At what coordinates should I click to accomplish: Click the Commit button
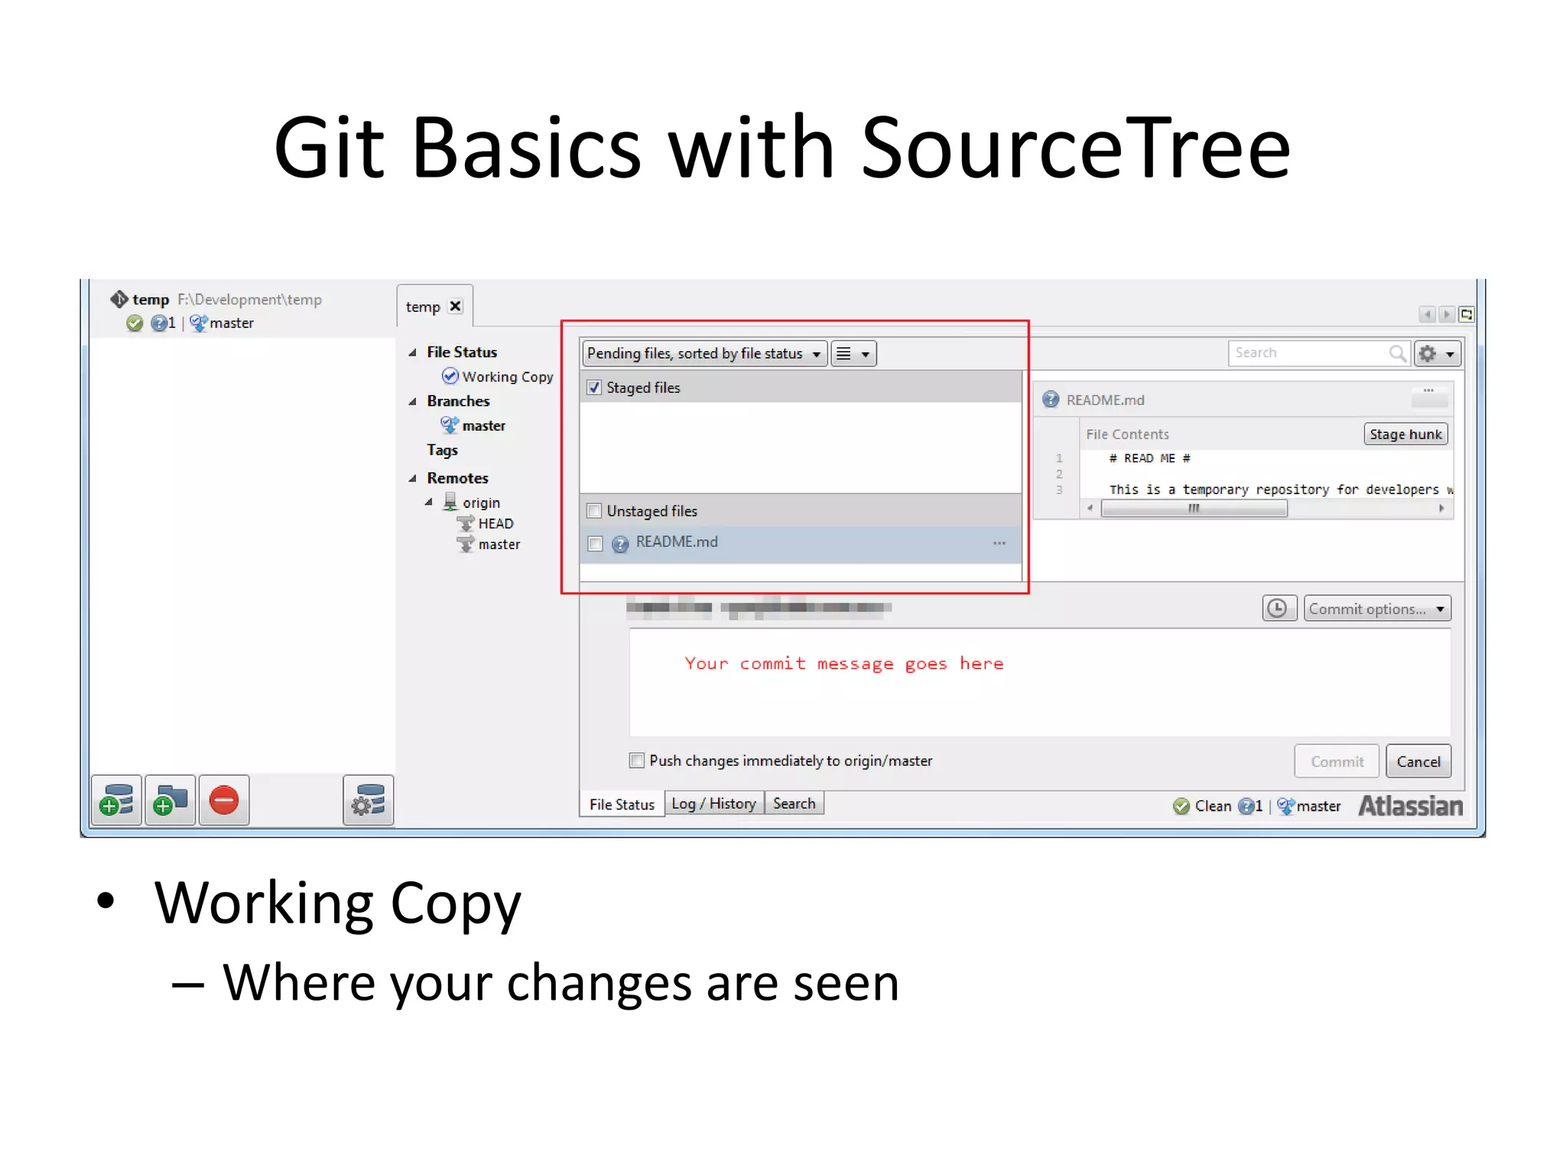[x=1336, y=761]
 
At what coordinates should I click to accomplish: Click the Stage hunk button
[x=1405, y=435]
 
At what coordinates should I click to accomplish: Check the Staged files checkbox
[x=594, y=388]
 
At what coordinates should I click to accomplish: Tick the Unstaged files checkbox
[x=594, y=511]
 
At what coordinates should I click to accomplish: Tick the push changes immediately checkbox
[x=636, y=760]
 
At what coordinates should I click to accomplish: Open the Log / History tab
[x=713, y=804]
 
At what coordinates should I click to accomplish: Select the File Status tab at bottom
[x=622, y=805]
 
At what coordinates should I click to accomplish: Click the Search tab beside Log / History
[x=794, y=804]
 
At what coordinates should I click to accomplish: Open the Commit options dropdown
[x=1376, y=609]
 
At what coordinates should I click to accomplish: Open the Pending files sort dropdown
[x=703, y=353]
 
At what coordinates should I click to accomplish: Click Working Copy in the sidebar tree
[x=507, y=376]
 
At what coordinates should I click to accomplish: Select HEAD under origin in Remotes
[x=495, y=523]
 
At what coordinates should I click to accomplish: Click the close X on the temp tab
[x=456, y=306]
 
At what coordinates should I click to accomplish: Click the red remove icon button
[x=224, y=801]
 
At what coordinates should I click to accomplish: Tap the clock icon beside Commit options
[x=1277, y=609]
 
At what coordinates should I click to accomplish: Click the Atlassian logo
[x=1410, y=806]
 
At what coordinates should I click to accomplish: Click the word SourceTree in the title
[x=1075, y=148]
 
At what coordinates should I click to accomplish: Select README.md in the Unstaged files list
[x=677, y=542]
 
